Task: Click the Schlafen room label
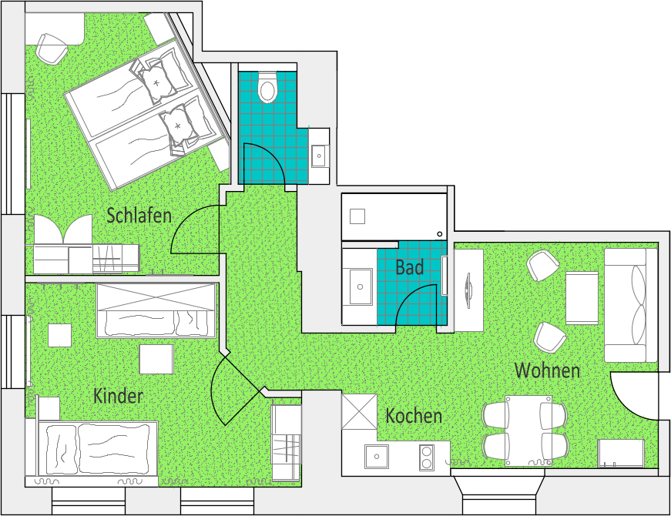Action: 139,215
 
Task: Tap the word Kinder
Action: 118,396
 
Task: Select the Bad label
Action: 410,268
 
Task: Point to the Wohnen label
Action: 547,370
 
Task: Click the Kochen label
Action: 414,416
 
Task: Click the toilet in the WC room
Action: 267,87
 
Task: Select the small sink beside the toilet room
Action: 319,156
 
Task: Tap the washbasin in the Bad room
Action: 361,286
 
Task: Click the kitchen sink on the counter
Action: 377,457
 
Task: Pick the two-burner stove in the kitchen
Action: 427,457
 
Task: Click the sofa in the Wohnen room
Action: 631,306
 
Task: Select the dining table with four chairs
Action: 528,431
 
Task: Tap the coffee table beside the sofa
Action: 582,298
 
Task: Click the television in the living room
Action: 468,290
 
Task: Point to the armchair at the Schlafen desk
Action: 52,49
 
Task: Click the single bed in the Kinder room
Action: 98,448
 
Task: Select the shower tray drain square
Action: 357,216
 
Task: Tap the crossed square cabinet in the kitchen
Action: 360,411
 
